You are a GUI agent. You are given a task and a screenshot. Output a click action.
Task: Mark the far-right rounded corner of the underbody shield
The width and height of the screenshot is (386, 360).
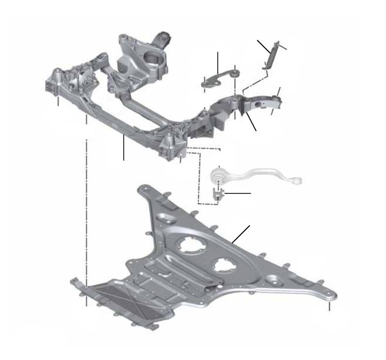click(x=331, y=295)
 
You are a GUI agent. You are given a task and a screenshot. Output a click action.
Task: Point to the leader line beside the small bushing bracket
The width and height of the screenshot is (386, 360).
click(x=238, y=194)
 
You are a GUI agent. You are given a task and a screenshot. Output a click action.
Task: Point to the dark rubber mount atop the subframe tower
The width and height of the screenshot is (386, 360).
click(x=164, y=37)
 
